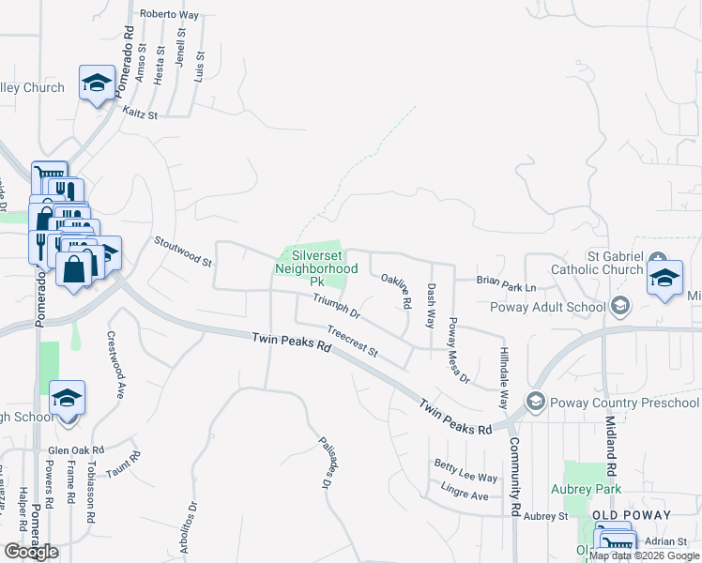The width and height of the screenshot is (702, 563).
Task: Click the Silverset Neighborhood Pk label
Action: tap(316, 267)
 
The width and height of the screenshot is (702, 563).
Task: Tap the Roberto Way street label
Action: tap(170, 15)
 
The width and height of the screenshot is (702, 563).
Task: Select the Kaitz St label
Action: tap(140, 113)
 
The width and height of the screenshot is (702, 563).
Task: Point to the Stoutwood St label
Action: tap(182, 251)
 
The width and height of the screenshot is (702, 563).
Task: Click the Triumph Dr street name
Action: tap(336, 305)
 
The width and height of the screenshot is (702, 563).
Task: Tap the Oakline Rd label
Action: tap(396, 292)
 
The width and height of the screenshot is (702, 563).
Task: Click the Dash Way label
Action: tap(431, 305)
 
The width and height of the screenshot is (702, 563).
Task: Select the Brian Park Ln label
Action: tap(506, 281)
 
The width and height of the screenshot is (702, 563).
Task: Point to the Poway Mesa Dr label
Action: tap(458, 350)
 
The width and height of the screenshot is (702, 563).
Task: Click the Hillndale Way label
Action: tap(503, 374)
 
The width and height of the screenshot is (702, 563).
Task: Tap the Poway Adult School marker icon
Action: tap(619, 306)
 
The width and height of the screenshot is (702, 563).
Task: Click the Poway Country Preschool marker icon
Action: tap(536, 403)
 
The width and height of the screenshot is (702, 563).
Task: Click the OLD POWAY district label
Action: tap(631, 515)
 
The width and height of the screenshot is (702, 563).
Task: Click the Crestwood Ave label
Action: tap(115, 365)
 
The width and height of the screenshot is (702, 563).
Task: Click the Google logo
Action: tap(31, 552)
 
